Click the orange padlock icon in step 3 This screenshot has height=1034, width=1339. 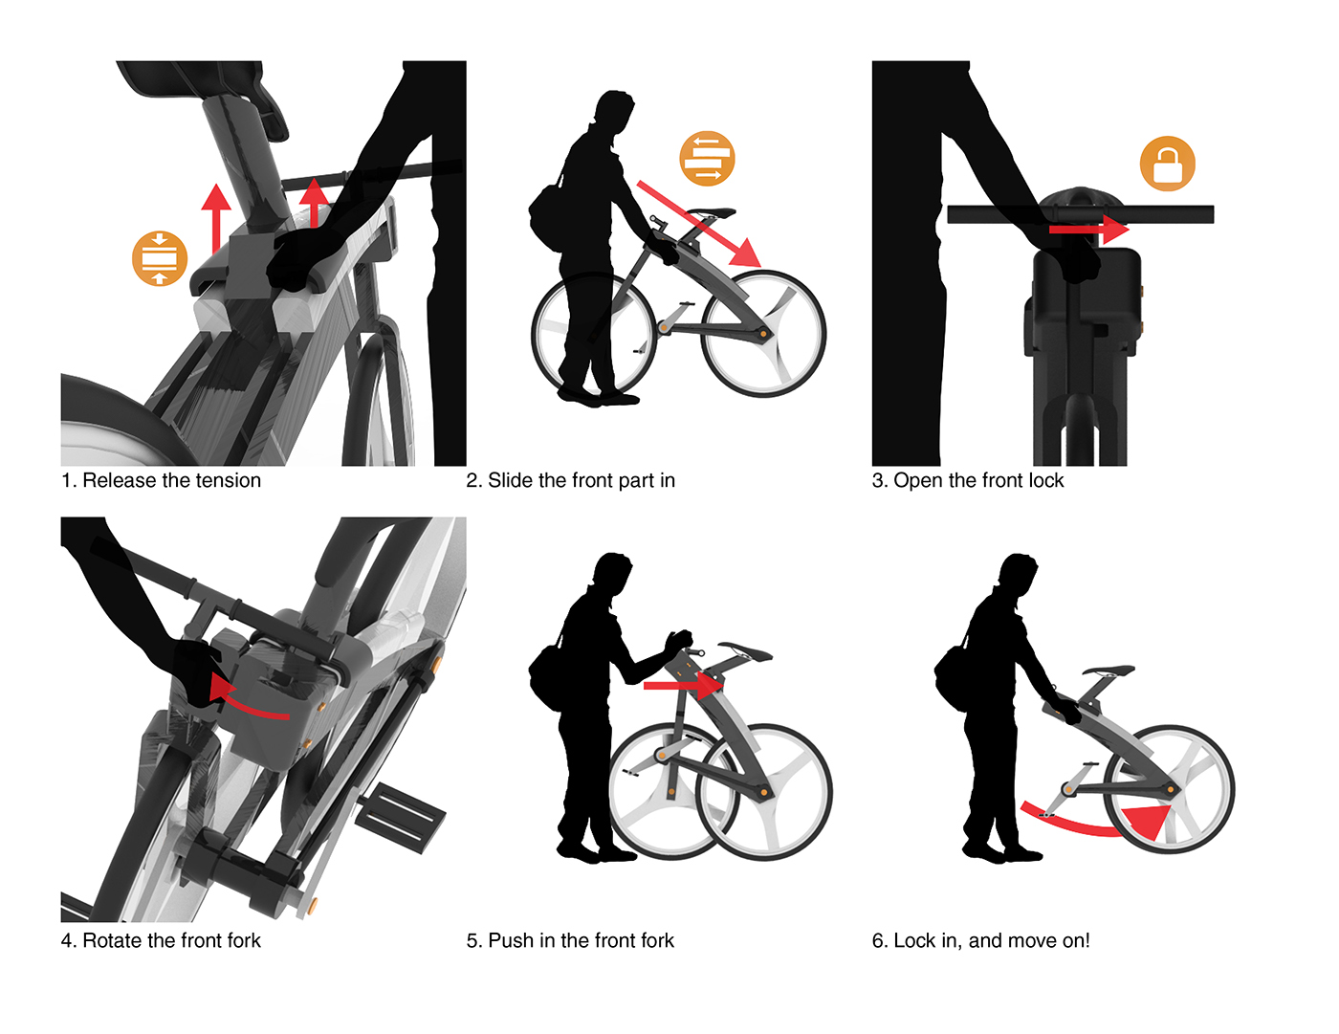pyautogui.click(x=1167, y=164)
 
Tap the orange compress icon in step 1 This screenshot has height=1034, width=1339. pyautogui.click(x=160, y=258)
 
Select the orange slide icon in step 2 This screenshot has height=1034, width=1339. pyautogui.click(x=707, y=159)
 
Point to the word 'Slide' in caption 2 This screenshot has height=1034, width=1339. pyautogui.click(x=511, y=480)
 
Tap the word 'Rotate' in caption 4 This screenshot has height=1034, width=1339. pyautogui.click(x=113, y=940)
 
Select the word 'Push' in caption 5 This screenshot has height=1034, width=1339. pyautogui.click(x=510, y=940)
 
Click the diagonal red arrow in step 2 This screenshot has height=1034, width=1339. pyautogui.click(x=698, y=223)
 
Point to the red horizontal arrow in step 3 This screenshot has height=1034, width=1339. pyautogui.click(x=1088, y=230)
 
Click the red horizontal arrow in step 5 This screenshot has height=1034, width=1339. pyautogui.click(x=683, y=685)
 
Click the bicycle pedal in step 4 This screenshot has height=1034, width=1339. pyautogui.click(x=399, y=817)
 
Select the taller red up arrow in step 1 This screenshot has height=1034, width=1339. pyautogui.click(x=215, y=218)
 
